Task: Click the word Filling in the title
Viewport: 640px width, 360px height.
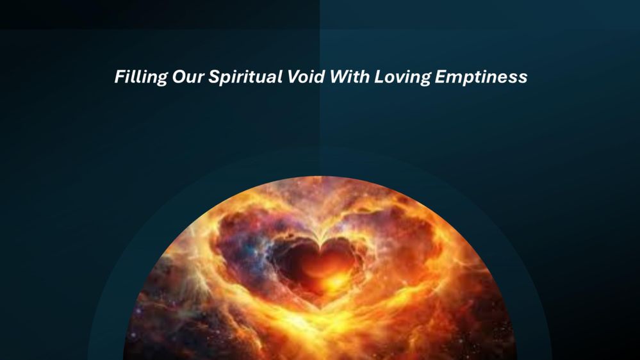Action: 141,77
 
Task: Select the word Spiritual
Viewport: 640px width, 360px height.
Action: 245,77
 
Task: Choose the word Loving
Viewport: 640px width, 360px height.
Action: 402,77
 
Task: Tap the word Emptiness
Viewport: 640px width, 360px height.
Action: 481,77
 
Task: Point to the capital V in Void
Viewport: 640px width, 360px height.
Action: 294,77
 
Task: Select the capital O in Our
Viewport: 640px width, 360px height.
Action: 179,77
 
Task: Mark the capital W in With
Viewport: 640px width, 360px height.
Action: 340,77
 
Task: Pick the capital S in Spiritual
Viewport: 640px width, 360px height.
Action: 215,77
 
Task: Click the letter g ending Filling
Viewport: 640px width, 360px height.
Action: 162,79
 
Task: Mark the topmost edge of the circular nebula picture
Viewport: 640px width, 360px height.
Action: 321,177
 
